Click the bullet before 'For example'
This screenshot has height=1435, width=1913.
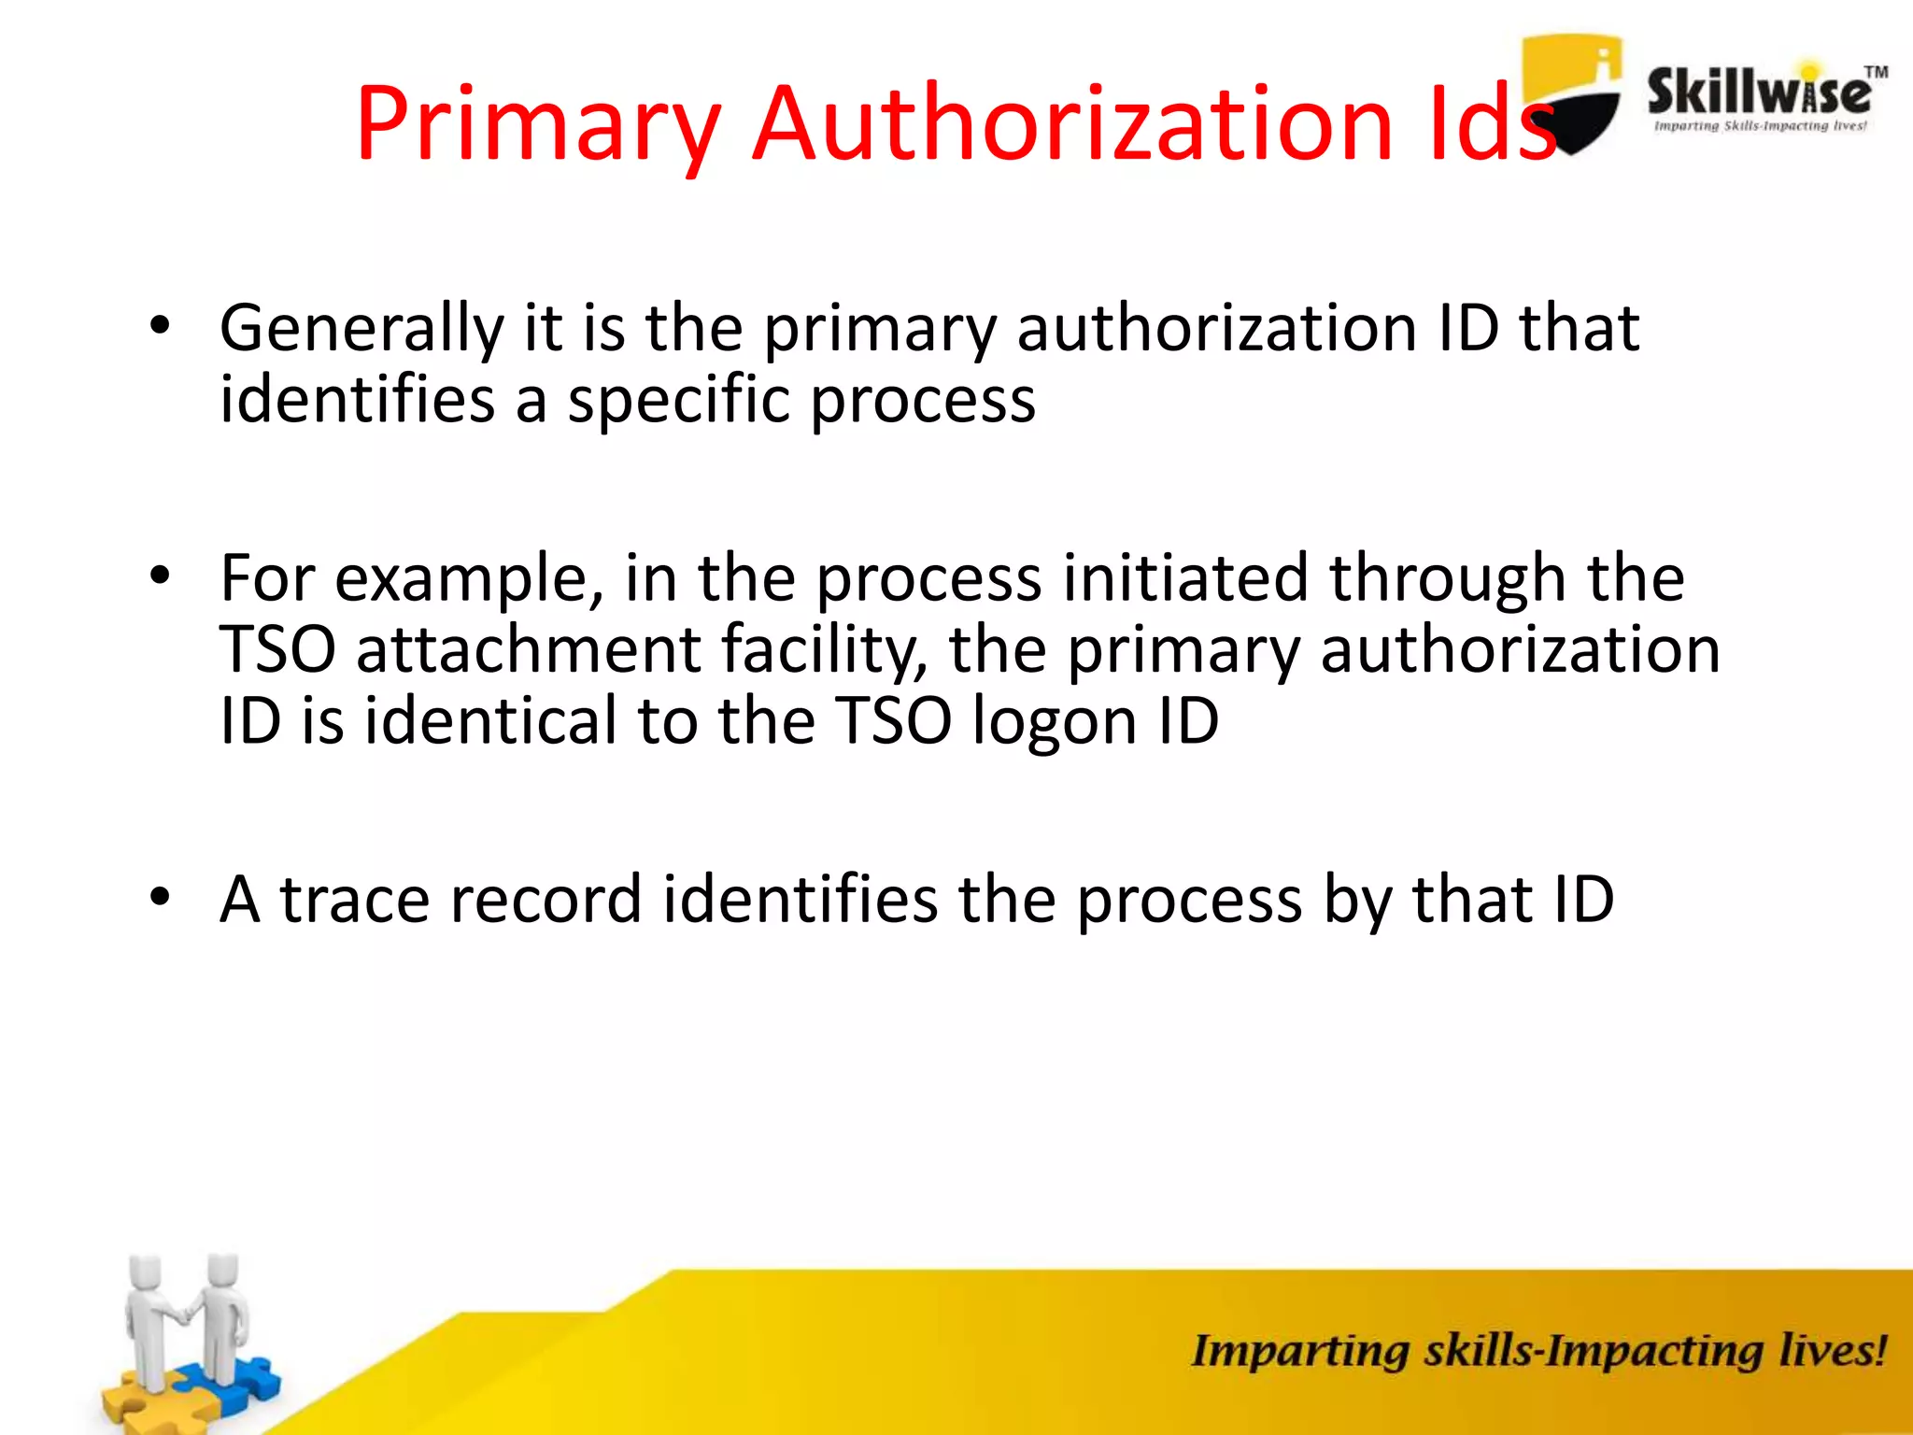tap(161, 576)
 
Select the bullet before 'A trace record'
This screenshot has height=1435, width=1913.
tap(161, 898)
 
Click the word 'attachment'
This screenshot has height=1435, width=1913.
tap(528, 649)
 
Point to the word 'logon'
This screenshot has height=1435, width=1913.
tap(1055, 722)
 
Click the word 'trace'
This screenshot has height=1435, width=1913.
tap(356, 900)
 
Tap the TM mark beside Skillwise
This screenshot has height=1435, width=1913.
tap(1876, 72)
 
